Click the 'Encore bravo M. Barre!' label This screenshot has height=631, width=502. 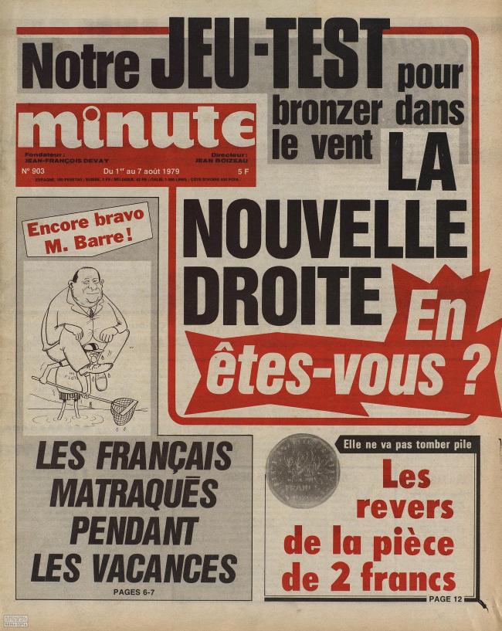click(x=86, y=228)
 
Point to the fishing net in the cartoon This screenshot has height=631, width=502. click(x=124, y=409)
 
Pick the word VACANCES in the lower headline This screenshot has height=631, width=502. click(x=133, y=568)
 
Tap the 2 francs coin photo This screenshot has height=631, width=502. click(x=303, y=470)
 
